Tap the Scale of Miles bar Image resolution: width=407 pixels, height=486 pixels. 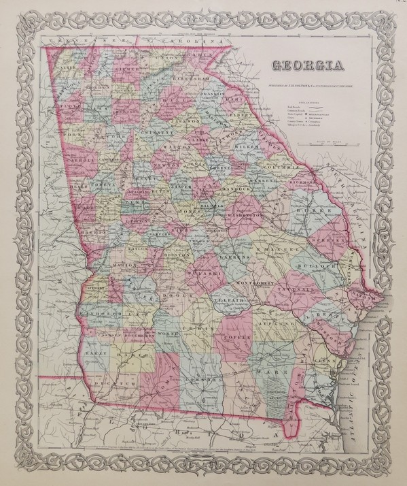329,143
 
